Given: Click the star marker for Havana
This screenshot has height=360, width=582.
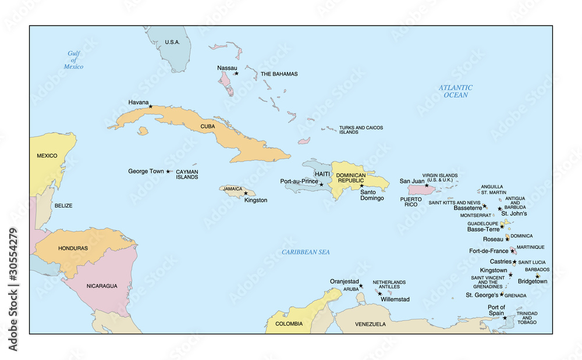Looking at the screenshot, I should (150, 106).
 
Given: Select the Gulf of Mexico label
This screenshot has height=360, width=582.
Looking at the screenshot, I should (74, 60).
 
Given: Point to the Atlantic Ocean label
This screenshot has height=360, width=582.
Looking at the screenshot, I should (456, 91).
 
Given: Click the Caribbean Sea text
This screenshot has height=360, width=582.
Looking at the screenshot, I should (306, 252).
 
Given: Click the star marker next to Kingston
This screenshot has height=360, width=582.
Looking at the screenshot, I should (246, 193).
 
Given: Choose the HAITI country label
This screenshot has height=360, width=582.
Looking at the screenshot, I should (322, 174).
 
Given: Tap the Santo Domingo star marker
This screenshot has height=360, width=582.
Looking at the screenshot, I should (361, 186).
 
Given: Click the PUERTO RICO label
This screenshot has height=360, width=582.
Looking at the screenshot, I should (411, 202).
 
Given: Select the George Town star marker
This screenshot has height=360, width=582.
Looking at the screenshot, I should (168, 172).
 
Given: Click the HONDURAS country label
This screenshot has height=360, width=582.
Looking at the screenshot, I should (73, 248).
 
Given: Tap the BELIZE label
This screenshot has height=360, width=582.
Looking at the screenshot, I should (63, 205).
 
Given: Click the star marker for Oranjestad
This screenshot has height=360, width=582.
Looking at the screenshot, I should (361, 286).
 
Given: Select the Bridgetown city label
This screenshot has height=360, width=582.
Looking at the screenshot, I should (532, 281).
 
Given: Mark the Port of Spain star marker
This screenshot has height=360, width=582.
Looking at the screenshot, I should (505, 318).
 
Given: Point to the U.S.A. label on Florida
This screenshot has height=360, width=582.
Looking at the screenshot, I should (172, 42).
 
